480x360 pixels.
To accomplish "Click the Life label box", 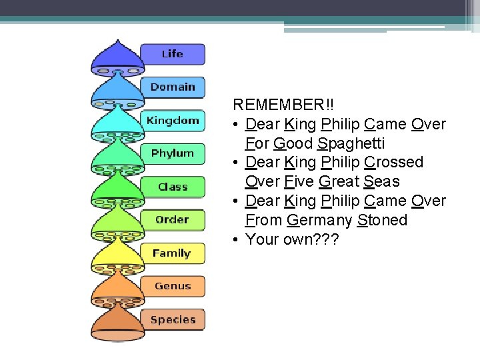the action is click(172, 54).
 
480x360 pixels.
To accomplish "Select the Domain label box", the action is click(172, 87).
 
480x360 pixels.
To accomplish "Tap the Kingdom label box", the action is click(172, 120).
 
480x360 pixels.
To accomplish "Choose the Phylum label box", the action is click(172, 153).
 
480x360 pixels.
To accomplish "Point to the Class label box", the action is click(172, 187).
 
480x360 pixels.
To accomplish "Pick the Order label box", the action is click(172, 219).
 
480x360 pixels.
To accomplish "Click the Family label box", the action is click(172, 253).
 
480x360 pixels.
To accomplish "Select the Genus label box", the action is click(172, 286).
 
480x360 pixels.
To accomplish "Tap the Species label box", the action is click(172, 319).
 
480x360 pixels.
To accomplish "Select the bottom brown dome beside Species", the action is click(117, 323).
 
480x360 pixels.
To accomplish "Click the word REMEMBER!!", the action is click(283, 105).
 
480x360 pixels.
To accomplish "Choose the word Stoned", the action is click(382, 220).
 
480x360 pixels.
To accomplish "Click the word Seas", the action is click(382, 181).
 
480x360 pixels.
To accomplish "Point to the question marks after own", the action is click(327, 239).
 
